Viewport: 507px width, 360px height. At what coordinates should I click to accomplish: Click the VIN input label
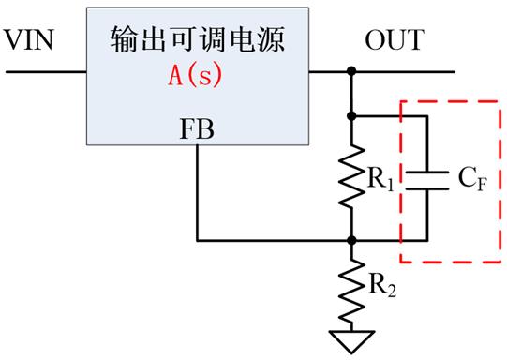point(30,40)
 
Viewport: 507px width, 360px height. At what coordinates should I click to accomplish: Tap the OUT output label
point(394,40)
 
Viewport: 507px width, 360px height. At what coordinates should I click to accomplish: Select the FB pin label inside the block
point(196,129)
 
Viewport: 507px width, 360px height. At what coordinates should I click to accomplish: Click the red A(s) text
point(194,76)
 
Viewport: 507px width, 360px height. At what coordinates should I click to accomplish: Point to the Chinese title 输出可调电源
point(195,40)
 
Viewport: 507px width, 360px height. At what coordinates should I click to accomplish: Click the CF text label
point(473,179)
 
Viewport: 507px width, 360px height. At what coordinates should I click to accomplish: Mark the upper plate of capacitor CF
point(426,172)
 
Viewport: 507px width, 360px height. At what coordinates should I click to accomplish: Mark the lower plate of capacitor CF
point(426,185)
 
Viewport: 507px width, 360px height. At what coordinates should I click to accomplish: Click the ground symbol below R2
point(351,339)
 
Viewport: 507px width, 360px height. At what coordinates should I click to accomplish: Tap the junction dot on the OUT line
point(351,70)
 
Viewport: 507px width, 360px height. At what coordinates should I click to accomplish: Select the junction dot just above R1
point(351,116)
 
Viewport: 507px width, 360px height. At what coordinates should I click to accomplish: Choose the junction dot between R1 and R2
point(351,239)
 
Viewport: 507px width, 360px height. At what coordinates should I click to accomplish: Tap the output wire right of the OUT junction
point(403,70)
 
